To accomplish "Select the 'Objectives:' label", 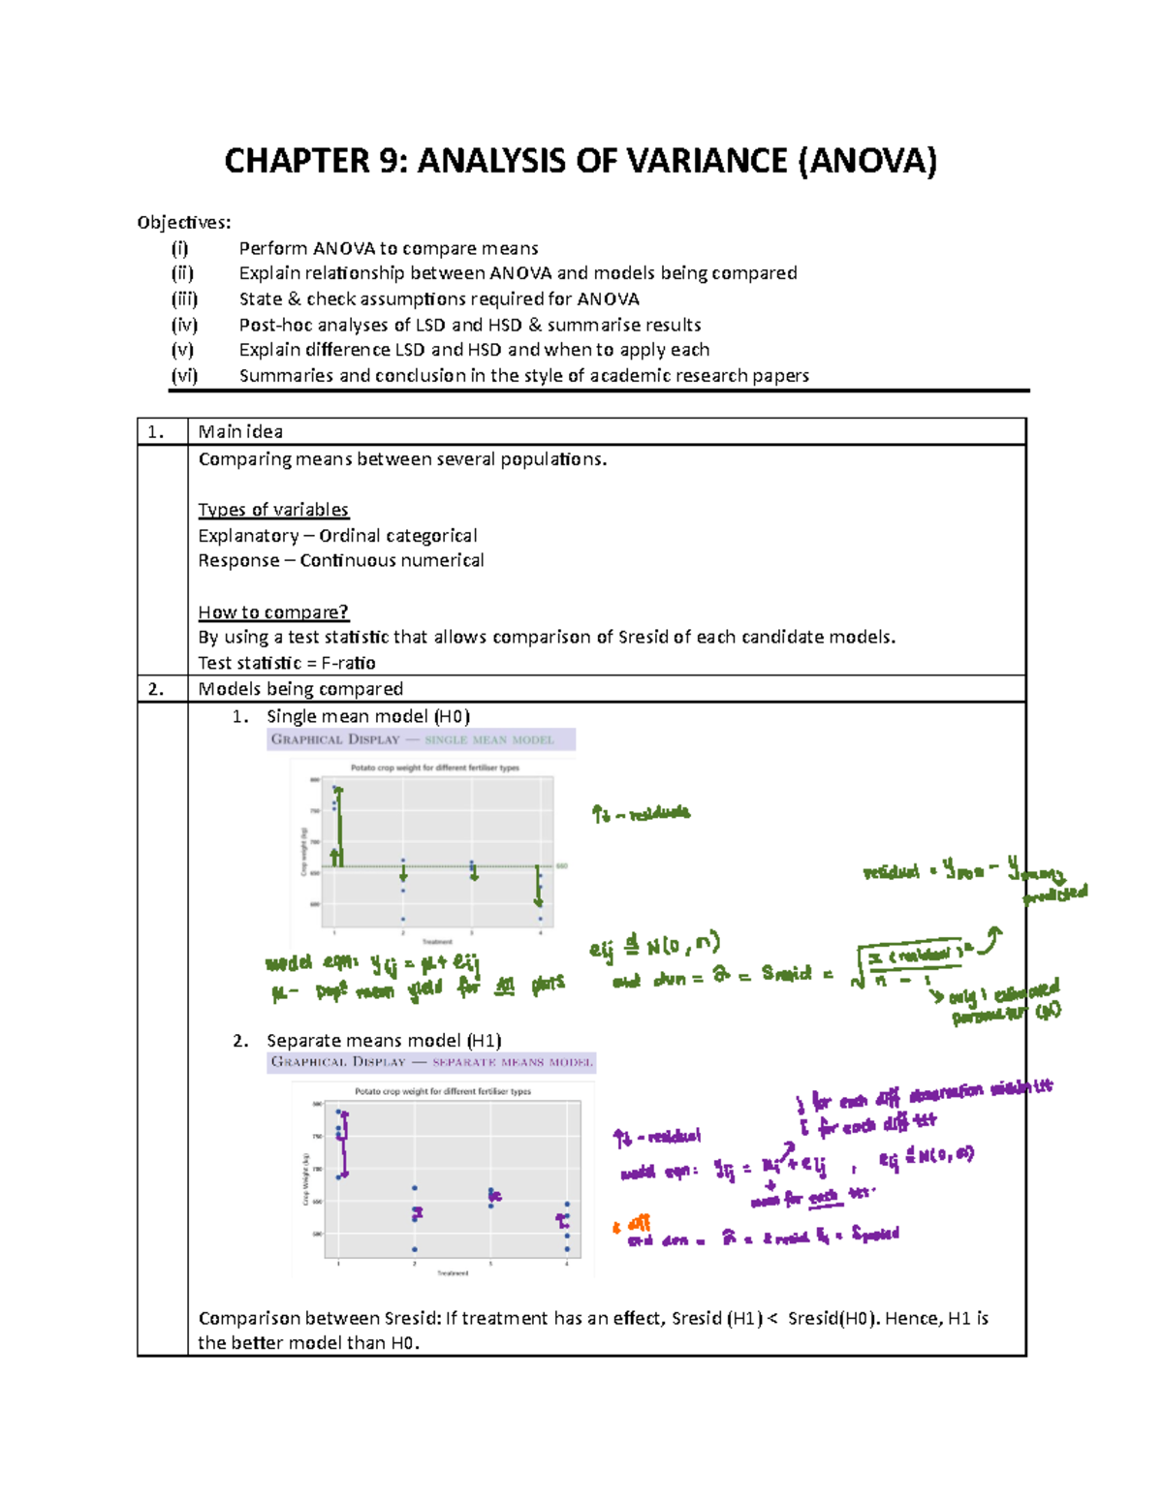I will click(184, 223).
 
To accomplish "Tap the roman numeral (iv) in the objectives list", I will click(183, 325).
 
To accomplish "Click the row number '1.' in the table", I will click(156, 432).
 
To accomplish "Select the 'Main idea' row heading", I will click(240, 432).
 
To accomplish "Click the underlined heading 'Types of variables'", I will click(273, 510).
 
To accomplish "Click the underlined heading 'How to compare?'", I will click(273, 612).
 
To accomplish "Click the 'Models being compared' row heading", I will click(300, 689).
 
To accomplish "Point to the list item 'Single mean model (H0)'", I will click(367, 716).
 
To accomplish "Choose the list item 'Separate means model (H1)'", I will click(383, 1041).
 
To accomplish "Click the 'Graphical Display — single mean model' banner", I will click(421, 739).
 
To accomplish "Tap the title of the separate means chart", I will click(442, 1091).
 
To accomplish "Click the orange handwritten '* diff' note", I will click(632, 1225).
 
